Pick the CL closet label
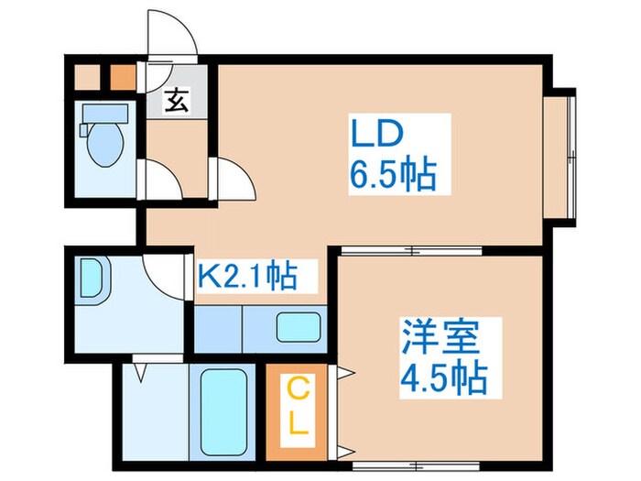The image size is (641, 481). coord(299,409)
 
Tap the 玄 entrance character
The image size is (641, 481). coord(176,102)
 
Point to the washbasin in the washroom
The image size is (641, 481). coord(93,277)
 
